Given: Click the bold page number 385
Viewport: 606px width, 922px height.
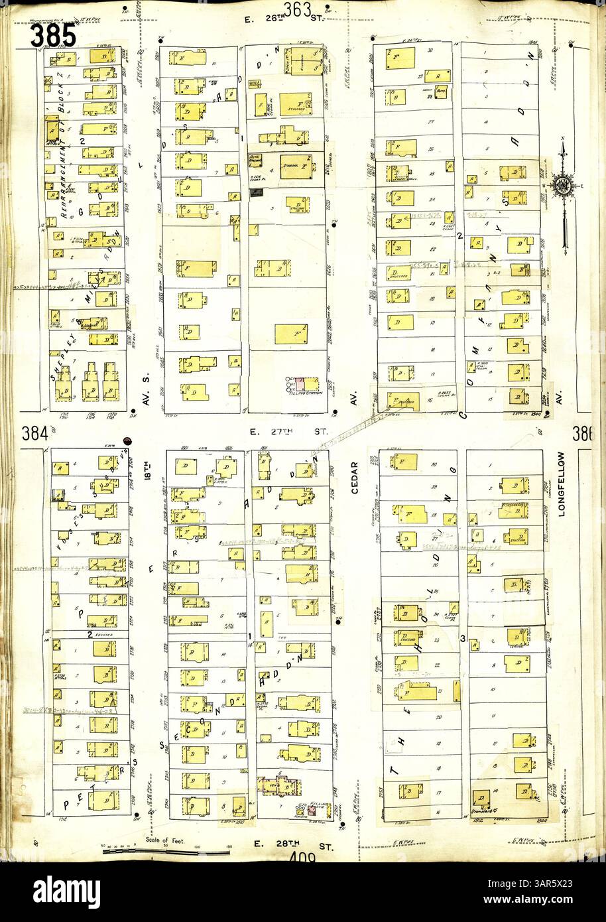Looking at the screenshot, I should click(x=52, y=34).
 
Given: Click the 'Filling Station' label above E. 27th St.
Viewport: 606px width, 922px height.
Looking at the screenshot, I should click(x=305, y=393).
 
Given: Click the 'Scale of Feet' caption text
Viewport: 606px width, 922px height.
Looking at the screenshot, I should click(x=166, y=840).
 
